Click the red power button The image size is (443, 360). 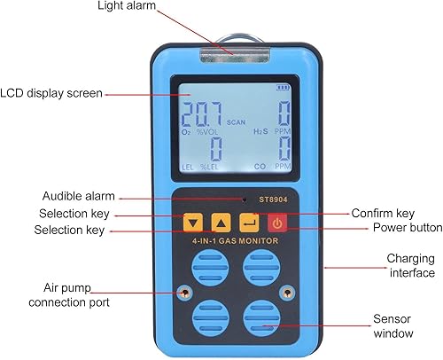click(x=277, y=223)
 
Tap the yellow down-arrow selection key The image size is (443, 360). click(x=193, y=223)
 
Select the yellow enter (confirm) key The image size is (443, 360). click(x=249, y=223)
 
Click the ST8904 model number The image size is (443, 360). click(x=273, y=200)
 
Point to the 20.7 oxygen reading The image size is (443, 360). click(x=201, y=114)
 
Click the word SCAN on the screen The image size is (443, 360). click(x=236, y=122)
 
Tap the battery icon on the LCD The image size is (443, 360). click(x=283, y=88)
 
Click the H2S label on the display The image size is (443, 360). click(x=260, y=131)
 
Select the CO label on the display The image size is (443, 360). click(x=260, y=167)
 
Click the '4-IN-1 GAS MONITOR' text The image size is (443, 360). click(x=235, y=241)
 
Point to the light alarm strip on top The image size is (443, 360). click(x=235, y=56)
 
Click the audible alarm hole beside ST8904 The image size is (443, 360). click(x=245, y=200)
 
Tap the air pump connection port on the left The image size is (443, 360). click(x=185, y=293)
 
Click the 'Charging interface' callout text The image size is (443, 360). click(x=411, y=265)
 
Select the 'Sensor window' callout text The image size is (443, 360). click(x=392, y=326)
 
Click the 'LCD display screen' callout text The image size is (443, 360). click(x=51, y=93)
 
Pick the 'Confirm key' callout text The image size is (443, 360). click(x=383, y=213)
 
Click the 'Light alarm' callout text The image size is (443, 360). click(x=127, y=5)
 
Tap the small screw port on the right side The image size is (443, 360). click(x=286, y=293)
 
